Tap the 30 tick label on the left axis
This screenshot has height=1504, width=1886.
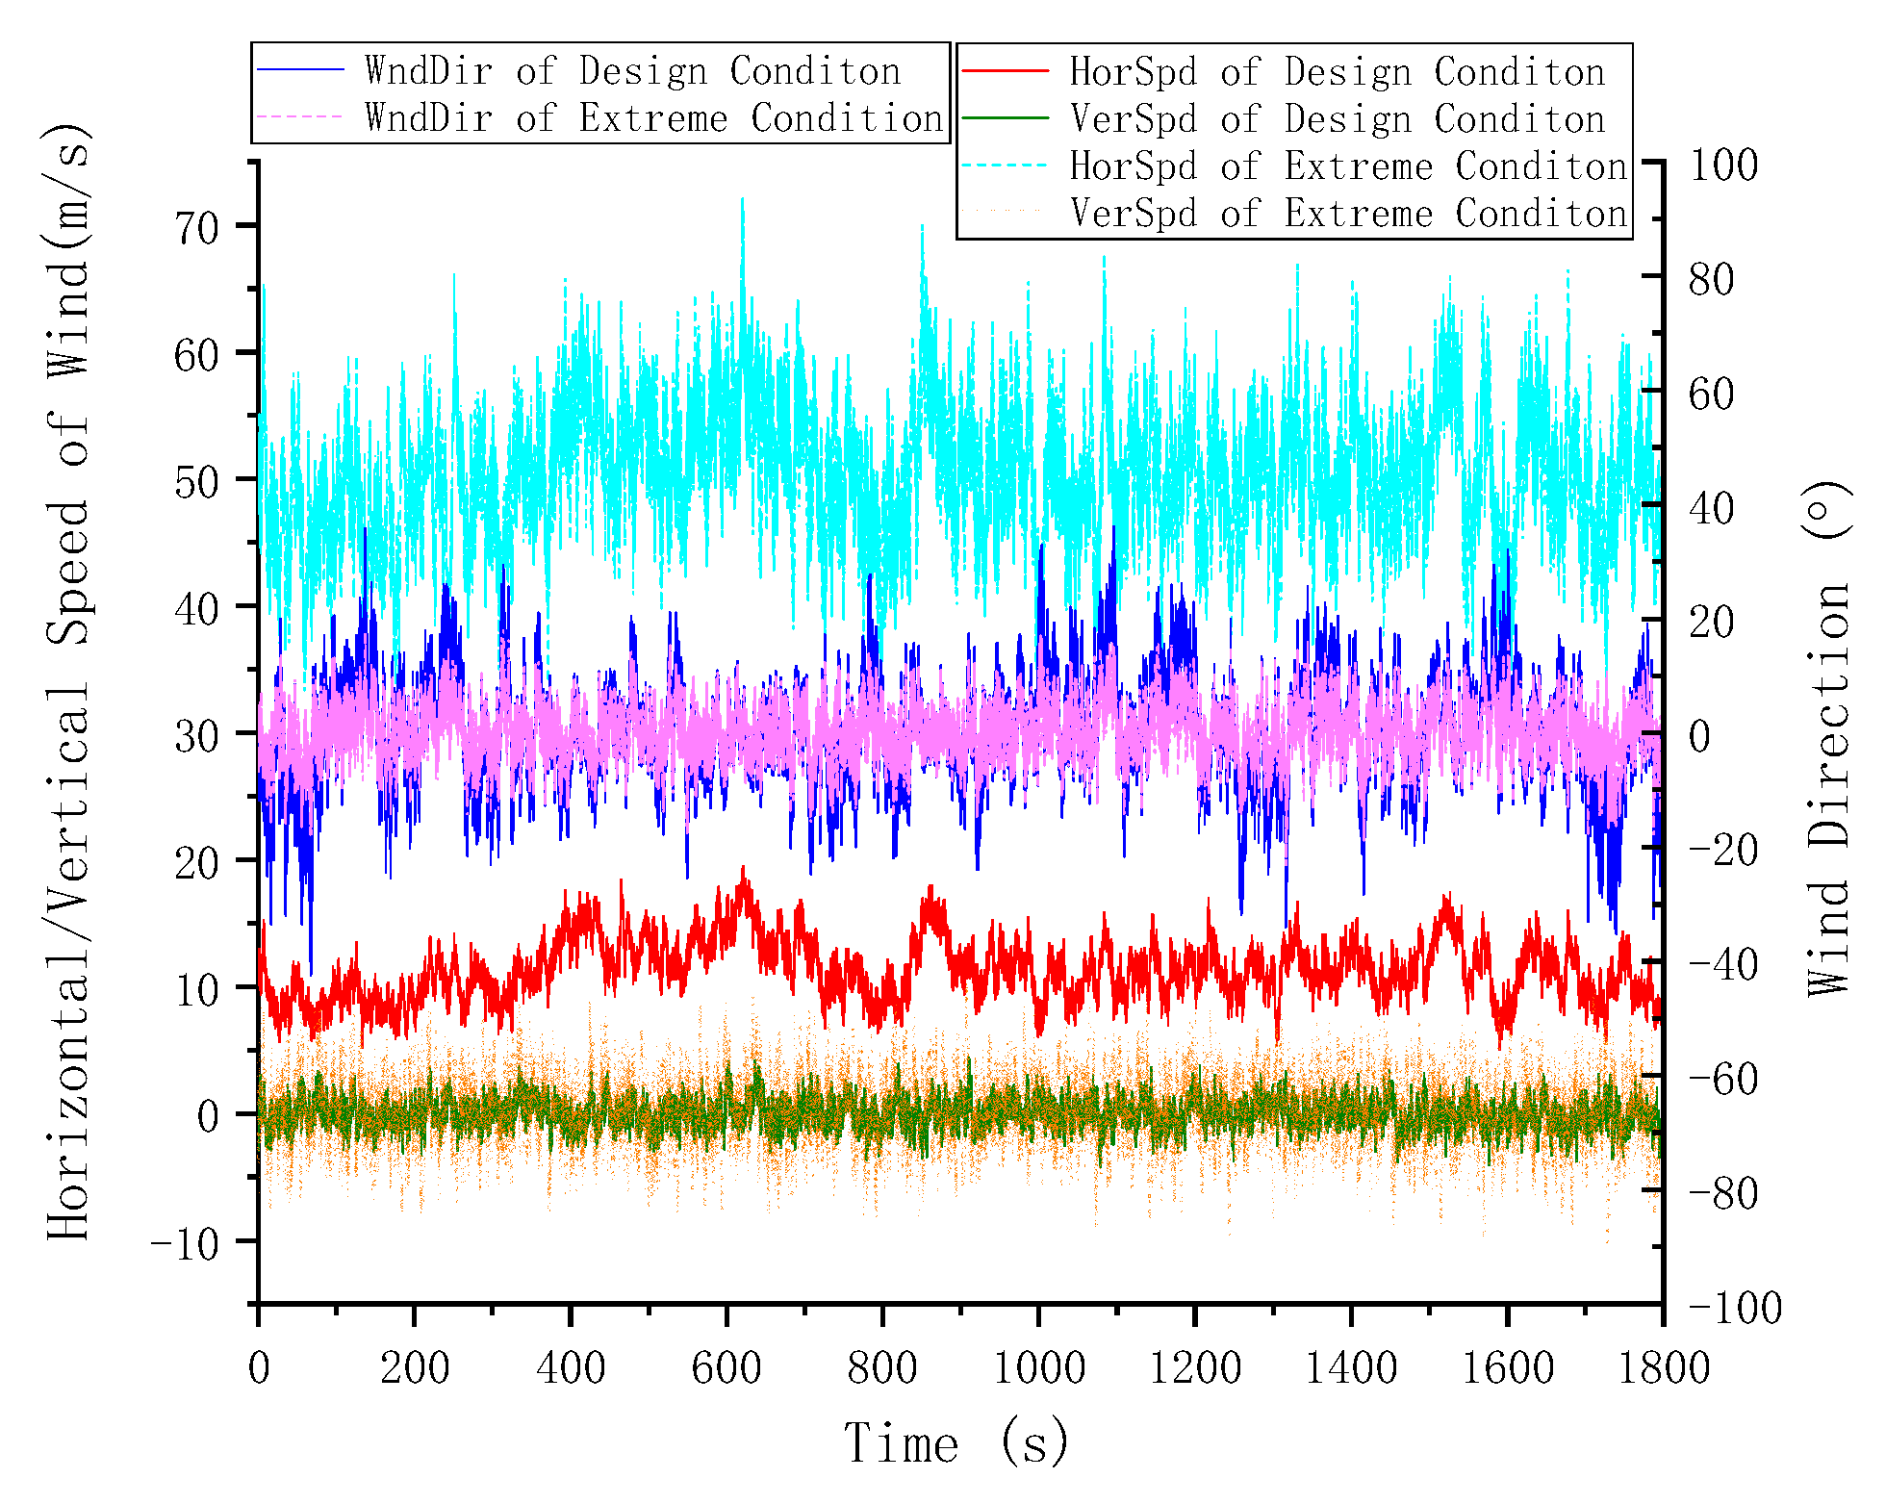(196, 736)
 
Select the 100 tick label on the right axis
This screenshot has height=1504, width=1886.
(1723, 165)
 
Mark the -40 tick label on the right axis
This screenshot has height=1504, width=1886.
(1722, 965)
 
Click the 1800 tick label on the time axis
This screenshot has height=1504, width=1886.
(1664, 1367)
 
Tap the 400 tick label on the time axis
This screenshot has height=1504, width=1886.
(571, 1367)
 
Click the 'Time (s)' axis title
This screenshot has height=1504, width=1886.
(956, 1442)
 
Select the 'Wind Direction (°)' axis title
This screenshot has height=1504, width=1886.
(1828, 738)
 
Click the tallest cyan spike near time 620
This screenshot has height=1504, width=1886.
(742, 200)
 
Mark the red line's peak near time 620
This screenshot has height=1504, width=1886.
(742, 869)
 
